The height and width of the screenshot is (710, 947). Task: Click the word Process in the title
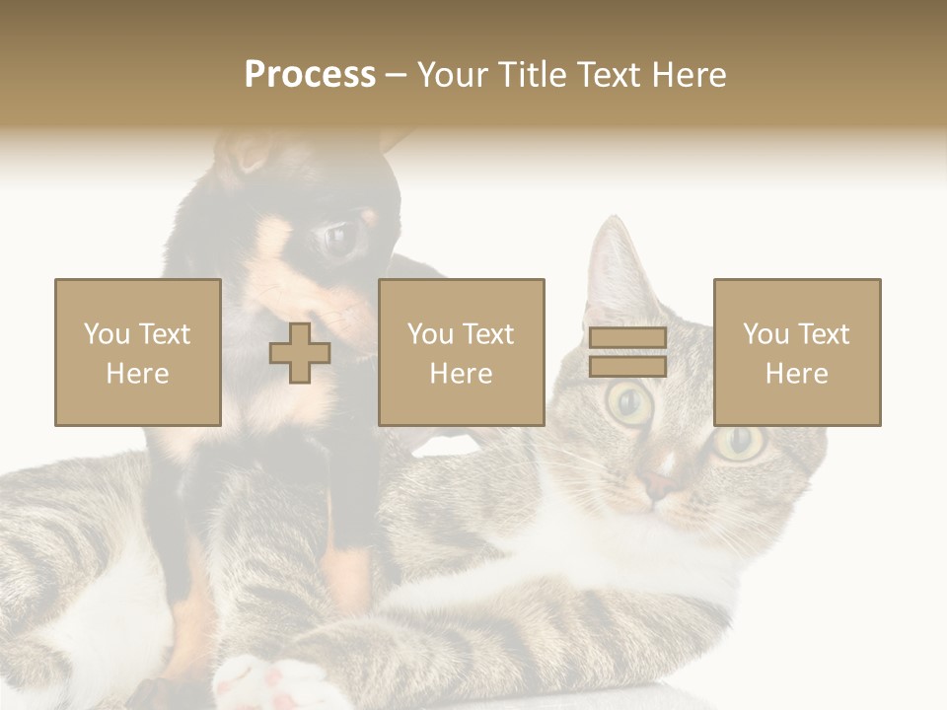tap(310, 75)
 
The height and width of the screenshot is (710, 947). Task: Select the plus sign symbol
tap(300, 353)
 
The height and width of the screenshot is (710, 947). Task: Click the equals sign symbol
tap(627, 353)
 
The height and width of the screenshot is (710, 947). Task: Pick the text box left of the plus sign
tap(138, 353)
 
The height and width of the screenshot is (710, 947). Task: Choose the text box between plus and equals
tap(462, 353)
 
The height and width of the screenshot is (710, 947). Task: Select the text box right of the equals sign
tap(797, 353)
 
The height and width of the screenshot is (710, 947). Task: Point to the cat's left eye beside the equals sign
tap(629, 401)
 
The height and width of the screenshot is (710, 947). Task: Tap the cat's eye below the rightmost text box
tap(740, 443)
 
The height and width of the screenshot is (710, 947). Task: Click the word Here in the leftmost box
tap(138, 374)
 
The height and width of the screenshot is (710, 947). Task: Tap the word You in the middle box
tap(430, 334)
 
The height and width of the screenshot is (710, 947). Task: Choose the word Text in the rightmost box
tap(826, 334)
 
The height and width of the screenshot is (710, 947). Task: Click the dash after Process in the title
tap(397, 75)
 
